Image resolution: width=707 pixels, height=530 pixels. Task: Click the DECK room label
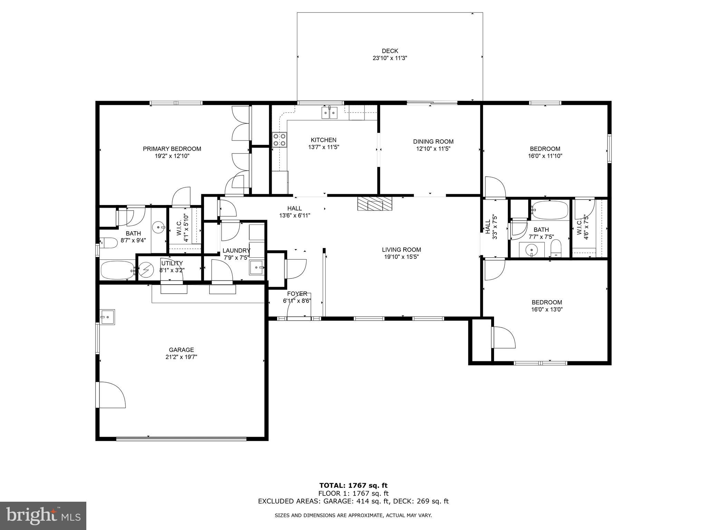pyautogui.click(x=390, y=51)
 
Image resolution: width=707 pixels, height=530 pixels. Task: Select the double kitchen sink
pyautogui.click(x=330, y=113)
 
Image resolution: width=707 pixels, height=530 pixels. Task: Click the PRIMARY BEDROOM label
pyautogui.click(x=172, y=149)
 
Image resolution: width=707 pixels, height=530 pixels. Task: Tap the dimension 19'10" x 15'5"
pyautogui.click(x=401, y=257)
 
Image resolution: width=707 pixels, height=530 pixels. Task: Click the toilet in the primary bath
pyautogui.click(x=108, y=243)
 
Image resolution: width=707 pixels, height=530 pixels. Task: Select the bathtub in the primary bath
pyautogui.click(x=117, y=270)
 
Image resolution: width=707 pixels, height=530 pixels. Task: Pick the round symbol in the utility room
pyautogui.click(x=146, y=269)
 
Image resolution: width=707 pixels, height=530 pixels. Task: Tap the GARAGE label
pyautogui.click(x=181, y=350)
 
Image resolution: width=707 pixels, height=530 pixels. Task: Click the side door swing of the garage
pyautogui.click(x=111, y=395)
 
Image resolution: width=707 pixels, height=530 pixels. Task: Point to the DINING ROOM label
pyautogui.click(x=433, y=141)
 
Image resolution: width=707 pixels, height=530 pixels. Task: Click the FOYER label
pyautogui.click(x=297, y=294)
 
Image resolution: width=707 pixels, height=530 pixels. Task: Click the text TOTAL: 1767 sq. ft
pyautogui.click(x=353, y=485)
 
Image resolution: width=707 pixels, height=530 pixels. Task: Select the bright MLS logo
pyautogui.click(x=43, y=516)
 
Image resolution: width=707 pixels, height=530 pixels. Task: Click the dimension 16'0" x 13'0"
pyautogui.click(x=547, y=310)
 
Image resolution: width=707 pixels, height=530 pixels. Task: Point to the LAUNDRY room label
pyautogui.click(x=236, y=251)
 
